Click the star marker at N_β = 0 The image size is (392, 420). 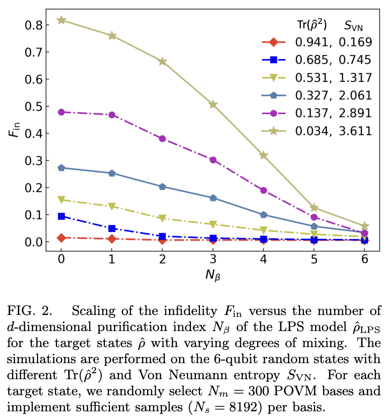tap(61, 20)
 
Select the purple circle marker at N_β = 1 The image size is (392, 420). tap(112, 115)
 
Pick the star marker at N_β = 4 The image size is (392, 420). tap(263, 155)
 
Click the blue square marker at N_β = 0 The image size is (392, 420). tap(61, 216)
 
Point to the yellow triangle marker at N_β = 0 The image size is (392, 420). tap(61, 200)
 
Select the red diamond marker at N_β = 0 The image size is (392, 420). tap(61, 238)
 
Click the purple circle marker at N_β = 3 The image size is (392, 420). tap(213, 160)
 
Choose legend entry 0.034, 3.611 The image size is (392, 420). tap(333, 131)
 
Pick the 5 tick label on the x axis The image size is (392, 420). tap(314, 259)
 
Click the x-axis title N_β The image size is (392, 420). tap(212, 276)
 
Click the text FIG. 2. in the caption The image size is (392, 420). tap(29, 311)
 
